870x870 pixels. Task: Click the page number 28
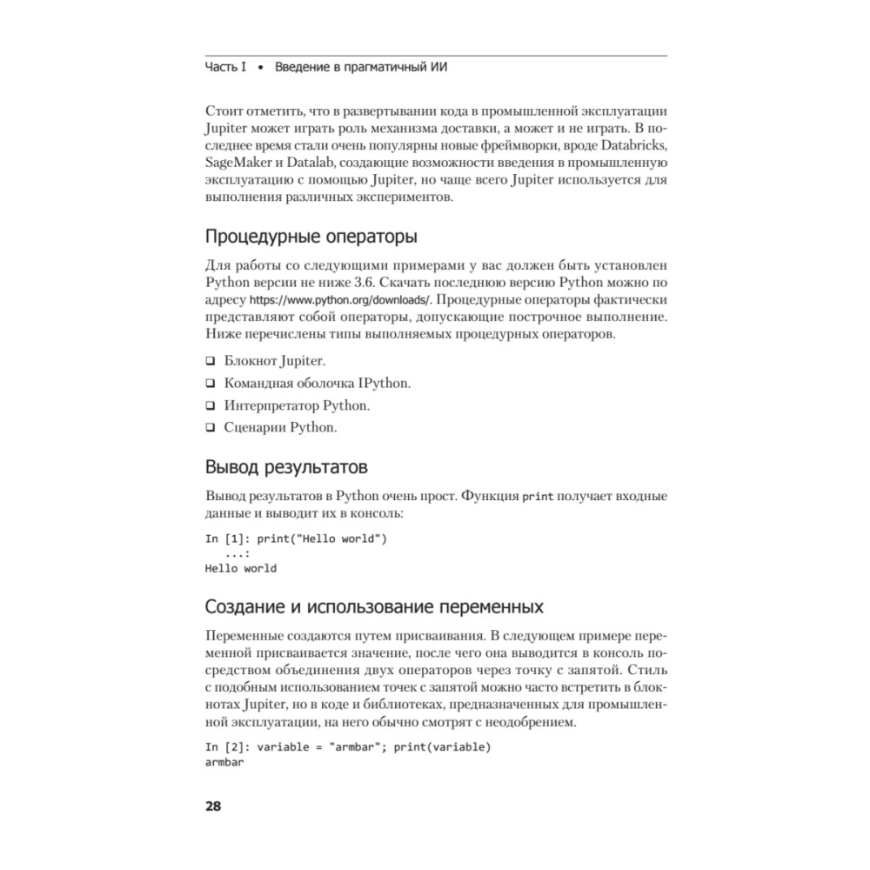pos(213,806)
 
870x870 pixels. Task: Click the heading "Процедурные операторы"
pos(310,237)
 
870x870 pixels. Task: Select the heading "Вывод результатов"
pos(285,466)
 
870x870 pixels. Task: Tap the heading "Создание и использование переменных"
pos(374,606)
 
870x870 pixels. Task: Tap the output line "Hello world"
pos(240,568)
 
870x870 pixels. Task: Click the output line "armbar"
pos(224,762)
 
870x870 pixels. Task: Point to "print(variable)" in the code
pos(443,747)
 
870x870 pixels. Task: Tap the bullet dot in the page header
pos(261,68)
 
